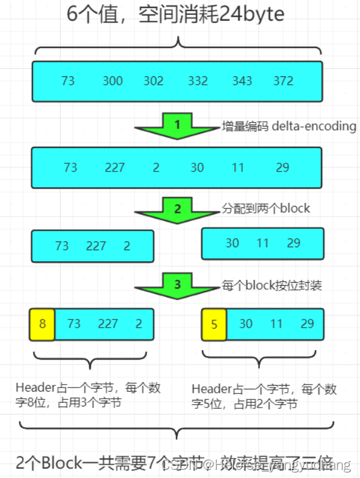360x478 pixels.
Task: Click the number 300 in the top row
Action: coord(112,80)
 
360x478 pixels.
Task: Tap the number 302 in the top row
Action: coord(153,80)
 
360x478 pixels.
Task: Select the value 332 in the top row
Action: coord(198,80)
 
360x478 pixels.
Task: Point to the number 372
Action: coord(284,80)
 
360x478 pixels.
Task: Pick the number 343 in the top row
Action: coord(242,80)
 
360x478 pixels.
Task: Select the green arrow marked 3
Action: coord(177,286)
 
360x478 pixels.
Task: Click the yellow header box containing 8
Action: coord(42,324)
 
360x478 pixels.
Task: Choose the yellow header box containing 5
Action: coord(213,324)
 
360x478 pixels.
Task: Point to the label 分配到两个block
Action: coord(266,208)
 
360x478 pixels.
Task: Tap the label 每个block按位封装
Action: coord(272,285)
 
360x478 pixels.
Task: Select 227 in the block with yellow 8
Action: coord(108,324)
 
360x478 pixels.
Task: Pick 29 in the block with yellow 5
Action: coord(307,324)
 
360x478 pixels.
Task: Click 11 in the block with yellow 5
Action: coord(276,324)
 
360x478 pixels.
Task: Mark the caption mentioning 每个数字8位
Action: coord(88,395)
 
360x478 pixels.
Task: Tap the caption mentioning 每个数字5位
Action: coord(264,396)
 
